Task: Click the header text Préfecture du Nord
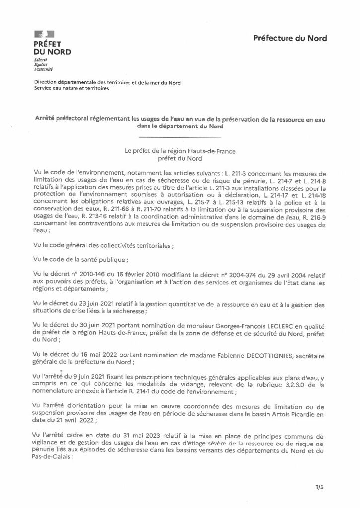point(290,38)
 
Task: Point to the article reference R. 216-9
point(316,216)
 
